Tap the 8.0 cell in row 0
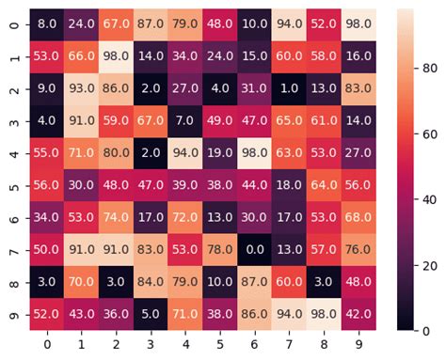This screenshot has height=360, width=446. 47,23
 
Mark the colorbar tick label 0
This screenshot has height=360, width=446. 426,331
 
